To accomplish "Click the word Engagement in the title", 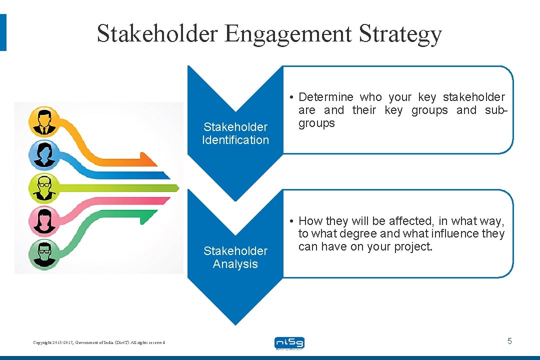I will pyautogui.click(x=288, y=34).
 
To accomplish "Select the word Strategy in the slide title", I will pyautogui.click(x=400, y=34).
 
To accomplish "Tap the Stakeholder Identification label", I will pyautogui.click(x=235, y=133).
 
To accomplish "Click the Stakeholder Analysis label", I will pyautogui.click(x=235, y=257).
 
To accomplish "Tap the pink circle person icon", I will pyautogui.click(x=43, y=220).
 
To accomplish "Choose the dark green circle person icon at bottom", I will pyautogui.click(x=43, y=253).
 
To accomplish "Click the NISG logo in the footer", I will pyautogui.click(x=289, y=343).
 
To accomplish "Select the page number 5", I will pyautogui.click(x=509, y=341).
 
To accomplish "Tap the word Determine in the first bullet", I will pyautogui.click(x=325, y=97).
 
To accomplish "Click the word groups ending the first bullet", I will pyautogui.click(x=316, y=123).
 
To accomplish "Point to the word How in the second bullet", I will pyautogui.click(x=310, y=221).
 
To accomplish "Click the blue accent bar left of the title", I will pyautogui.click(x=3, y=32).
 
